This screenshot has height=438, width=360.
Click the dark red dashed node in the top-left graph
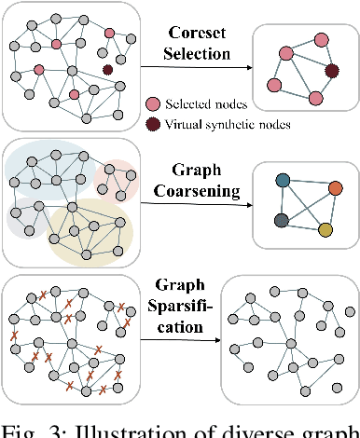coord(108,69)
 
